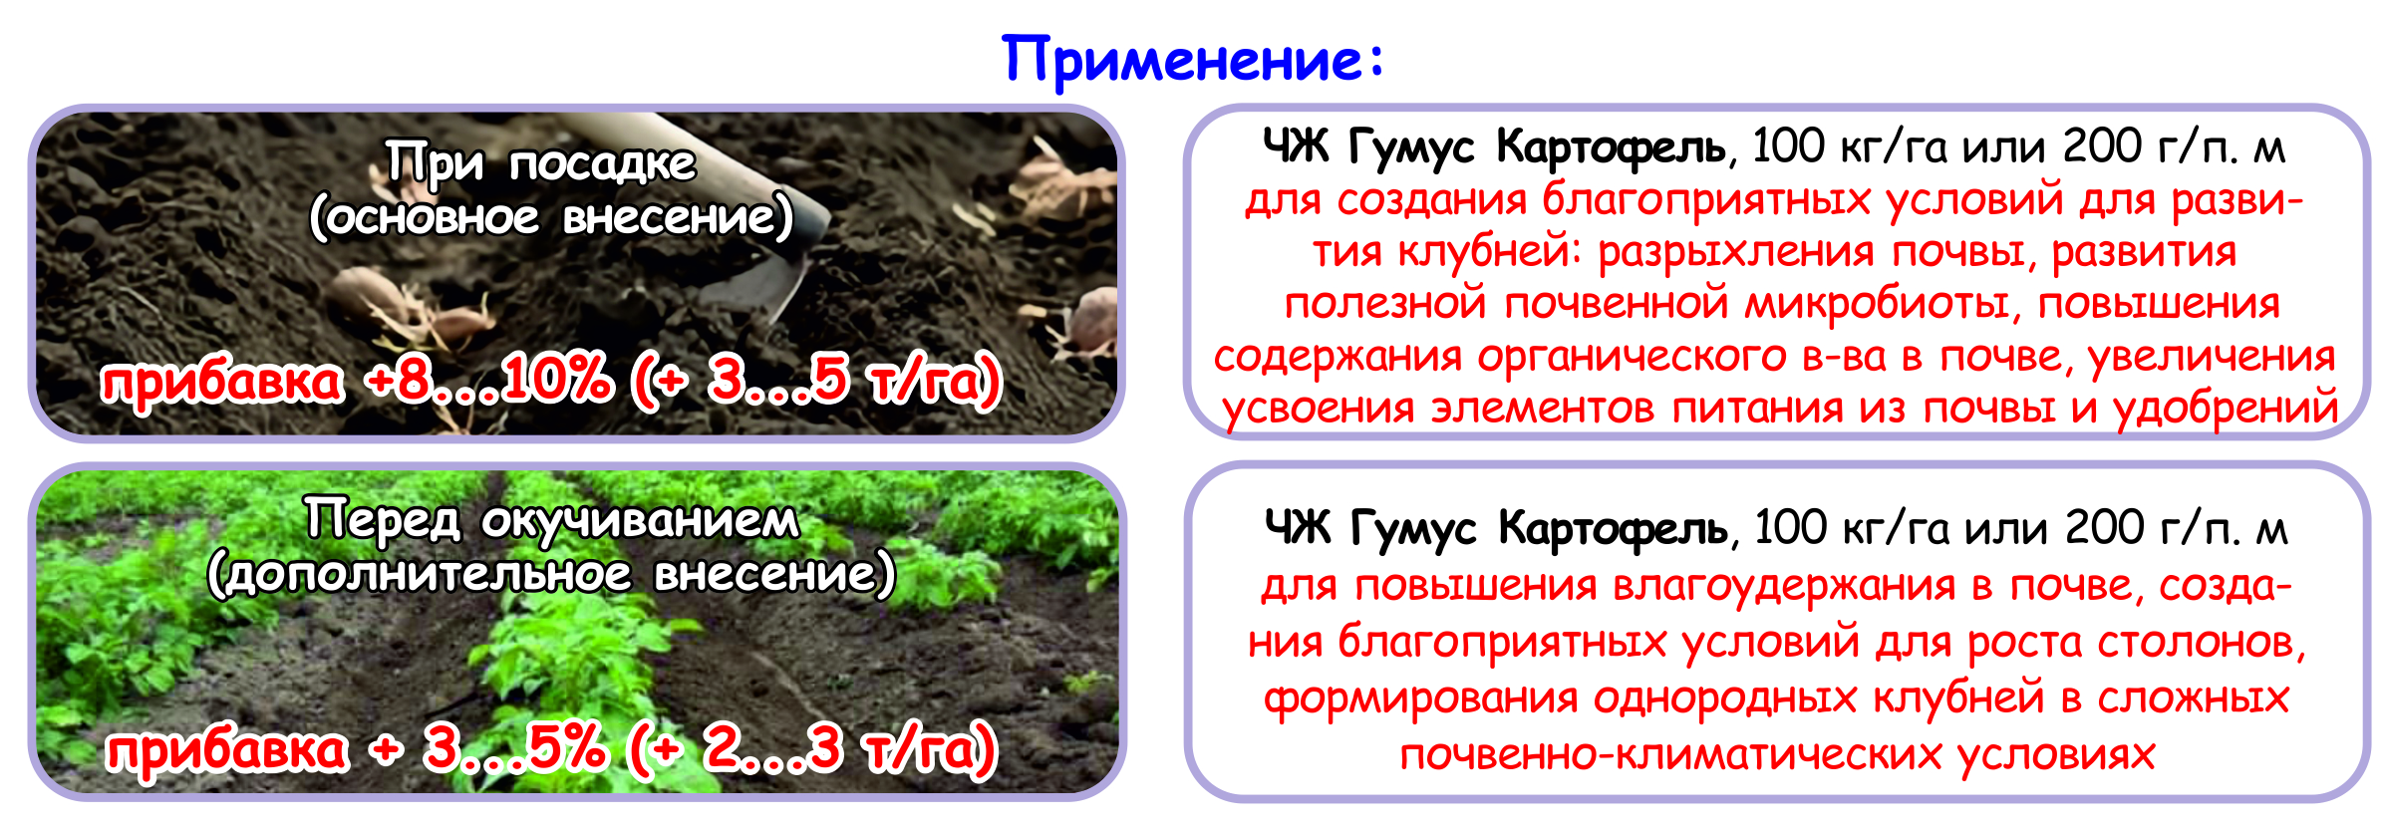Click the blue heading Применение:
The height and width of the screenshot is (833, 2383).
point(1192,60)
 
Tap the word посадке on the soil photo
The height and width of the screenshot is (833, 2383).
point(602,162)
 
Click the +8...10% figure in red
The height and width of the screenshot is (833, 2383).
point(488,380)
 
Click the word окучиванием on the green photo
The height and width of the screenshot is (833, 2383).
point(641,520)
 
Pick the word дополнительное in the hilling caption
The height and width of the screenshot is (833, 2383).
point(429,575)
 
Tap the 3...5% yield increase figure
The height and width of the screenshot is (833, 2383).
point(514,747)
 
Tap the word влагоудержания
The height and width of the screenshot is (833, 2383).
point(1784,586)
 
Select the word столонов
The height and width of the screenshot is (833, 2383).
point(2202,643)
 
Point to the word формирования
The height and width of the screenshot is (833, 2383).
point(1420,698)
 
